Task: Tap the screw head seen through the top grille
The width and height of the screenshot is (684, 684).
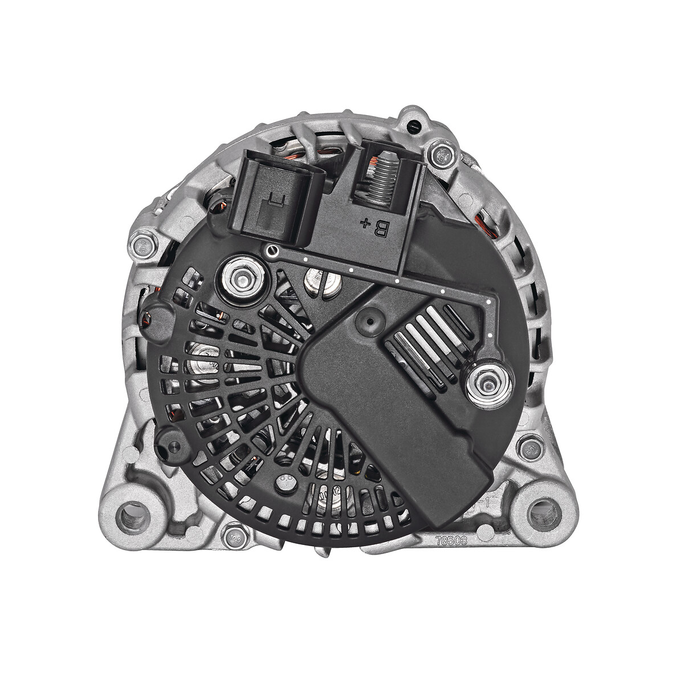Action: tap(319, 279)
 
